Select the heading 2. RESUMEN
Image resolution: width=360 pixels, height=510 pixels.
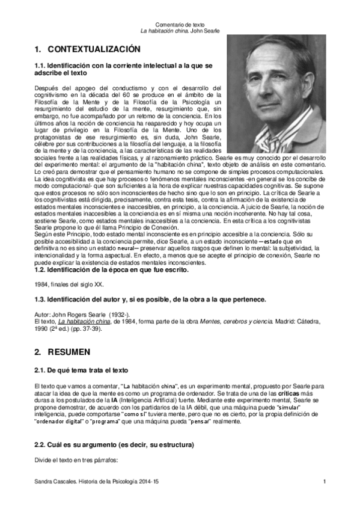(x=63, y=350)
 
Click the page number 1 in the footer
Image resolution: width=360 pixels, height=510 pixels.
(x=324, y=482)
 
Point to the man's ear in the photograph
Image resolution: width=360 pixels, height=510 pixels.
(x=313, y=85)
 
